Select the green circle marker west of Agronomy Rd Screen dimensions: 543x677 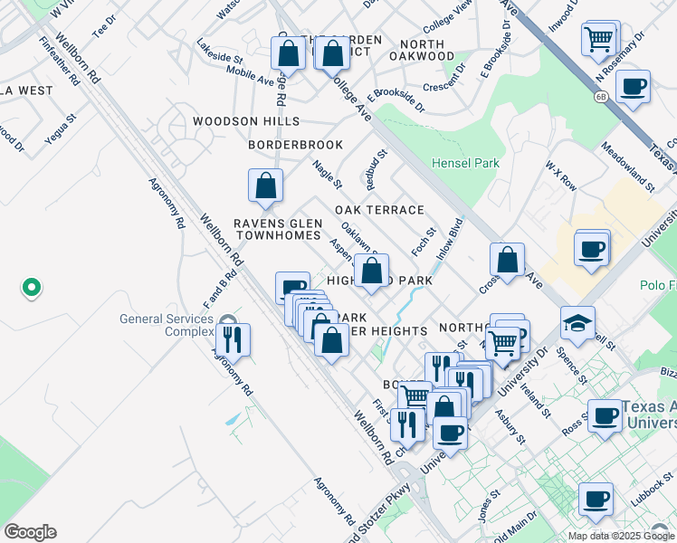coord(31,289)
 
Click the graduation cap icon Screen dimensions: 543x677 coord(577,321)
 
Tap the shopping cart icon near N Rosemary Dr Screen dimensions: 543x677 coord(599,39)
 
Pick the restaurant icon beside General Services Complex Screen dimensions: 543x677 coord(233,339)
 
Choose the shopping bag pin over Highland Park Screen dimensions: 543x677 coord(371,270)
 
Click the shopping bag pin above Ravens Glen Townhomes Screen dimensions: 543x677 coord(266,186)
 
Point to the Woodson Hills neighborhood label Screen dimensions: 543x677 coord(245,121)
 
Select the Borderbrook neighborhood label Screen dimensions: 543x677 coord(296,145)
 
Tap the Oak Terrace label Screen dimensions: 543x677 coord(379,210)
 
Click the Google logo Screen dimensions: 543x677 coord(30,531)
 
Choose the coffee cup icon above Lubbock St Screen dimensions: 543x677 coord(595,499)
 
